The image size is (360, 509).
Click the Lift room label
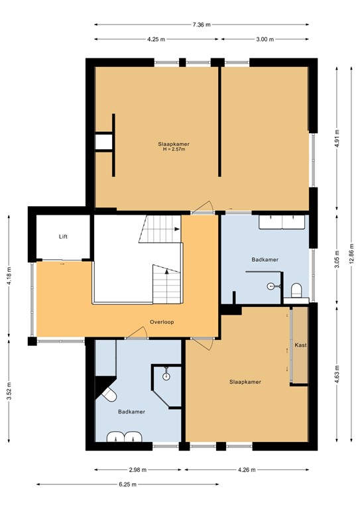point(63,237)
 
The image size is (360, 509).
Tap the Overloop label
point(161,322)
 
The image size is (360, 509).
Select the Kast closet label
point(300,345)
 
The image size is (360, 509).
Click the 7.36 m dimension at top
point(201,25)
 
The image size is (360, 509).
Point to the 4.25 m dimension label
point(156,39)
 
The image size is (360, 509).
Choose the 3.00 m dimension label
point(265,39)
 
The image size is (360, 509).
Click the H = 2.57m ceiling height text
point(174,150)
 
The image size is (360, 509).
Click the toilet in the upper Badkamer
point(296,290)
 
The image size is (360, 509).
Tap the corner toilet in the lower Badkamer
point(107,394)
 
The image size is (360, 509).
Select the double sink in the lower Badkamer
point(124,436)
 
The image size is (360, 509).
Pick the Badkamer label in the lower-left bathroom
point(131,412)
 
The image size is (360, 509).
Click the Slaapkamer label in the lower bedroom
point(245,382)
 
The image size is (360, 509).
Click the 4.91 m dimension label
point(337,137)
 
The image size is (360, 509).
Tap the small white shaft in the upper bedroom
point(103,142)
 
